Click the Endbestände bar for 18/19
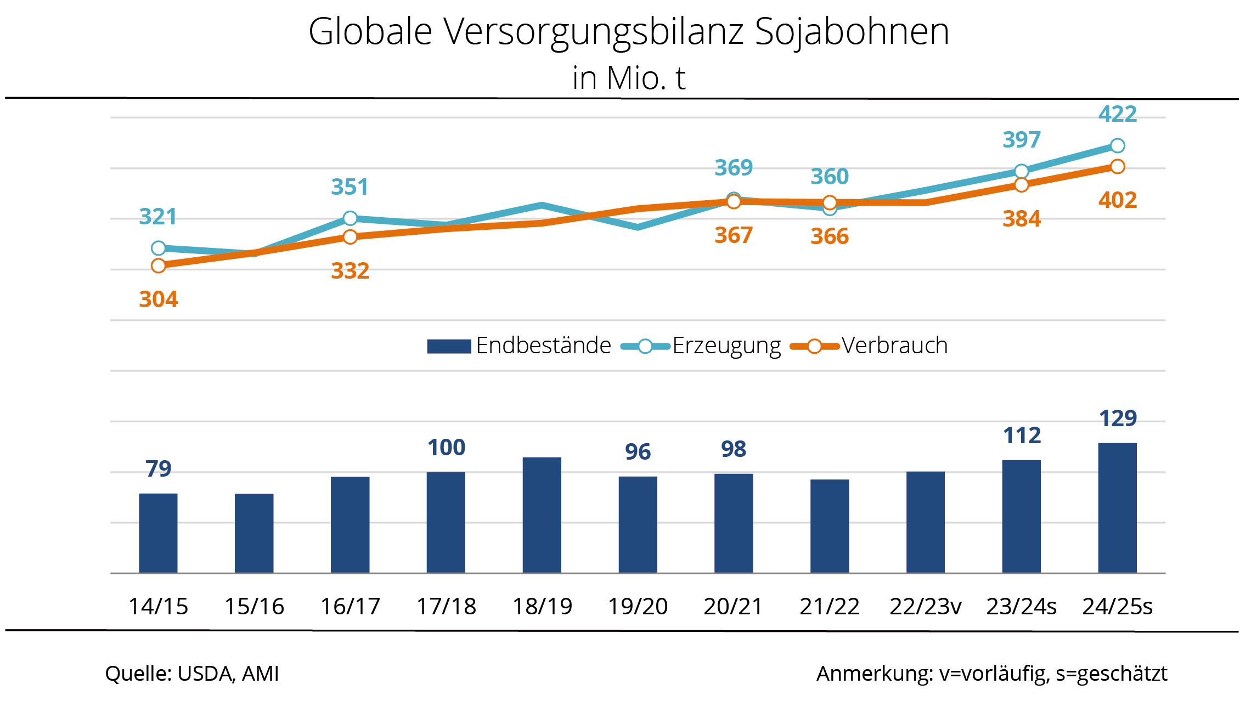[542, 515]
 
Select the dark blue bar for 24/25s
[1117, 508]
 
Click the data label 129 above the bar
[1118, 419]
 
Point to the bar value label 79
[158, 469]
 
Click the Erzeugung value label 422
[1117, 114]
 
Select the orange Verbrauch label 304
[158, 299]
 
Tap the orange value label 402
[1117, 200]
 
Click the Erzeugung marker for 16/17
[350, 218]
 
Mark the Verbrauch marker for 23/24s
[1021, 185]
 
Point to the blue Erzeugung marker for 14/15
[158, 248]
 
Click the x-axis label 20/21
[733, 607]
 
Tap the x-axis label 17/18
[446, 607]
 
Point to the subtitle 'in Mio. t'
[629, 78]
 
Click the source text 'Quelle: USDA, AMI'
[192, 674]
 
